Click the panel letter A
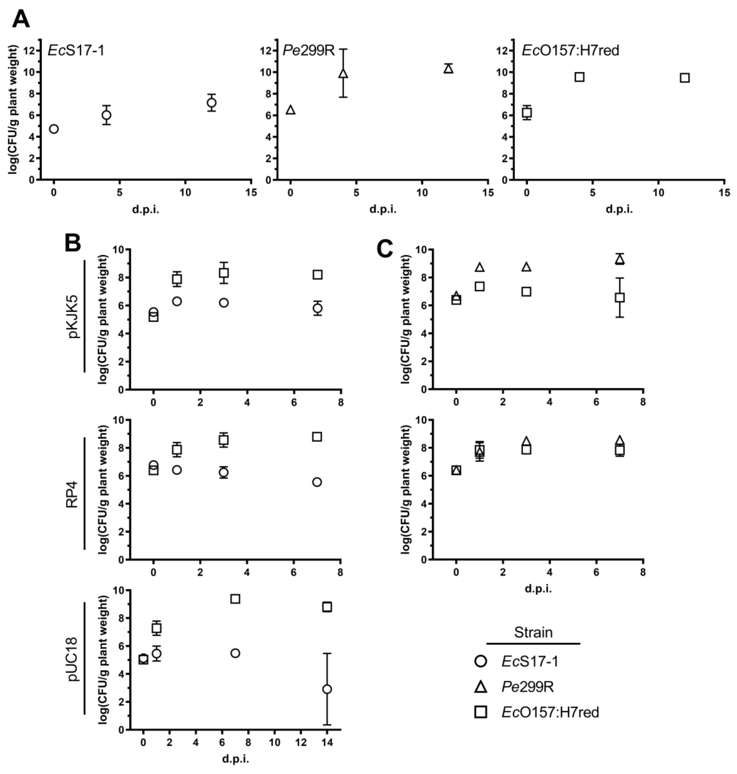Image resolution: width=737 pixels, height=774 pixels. click(x=21, y=19)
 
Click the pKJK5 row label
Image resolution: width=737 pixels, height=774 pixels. click(x=73, y=316)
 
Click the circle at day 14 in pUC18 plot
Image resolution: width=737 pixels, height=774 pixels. click(x=327, y=689)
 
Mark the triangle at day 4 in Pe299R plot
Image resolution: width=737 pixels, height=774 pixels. click(x=343, y=73)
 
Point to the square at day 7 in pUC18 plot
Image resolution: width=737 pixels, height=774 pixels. click(x=235, y=599)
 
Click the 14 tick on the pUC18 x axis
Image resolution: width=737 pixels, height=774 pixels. click(x=327, y=743)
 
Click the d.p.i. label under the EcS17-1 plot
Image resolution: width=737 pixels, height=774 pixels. click(x=145, y=210)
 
